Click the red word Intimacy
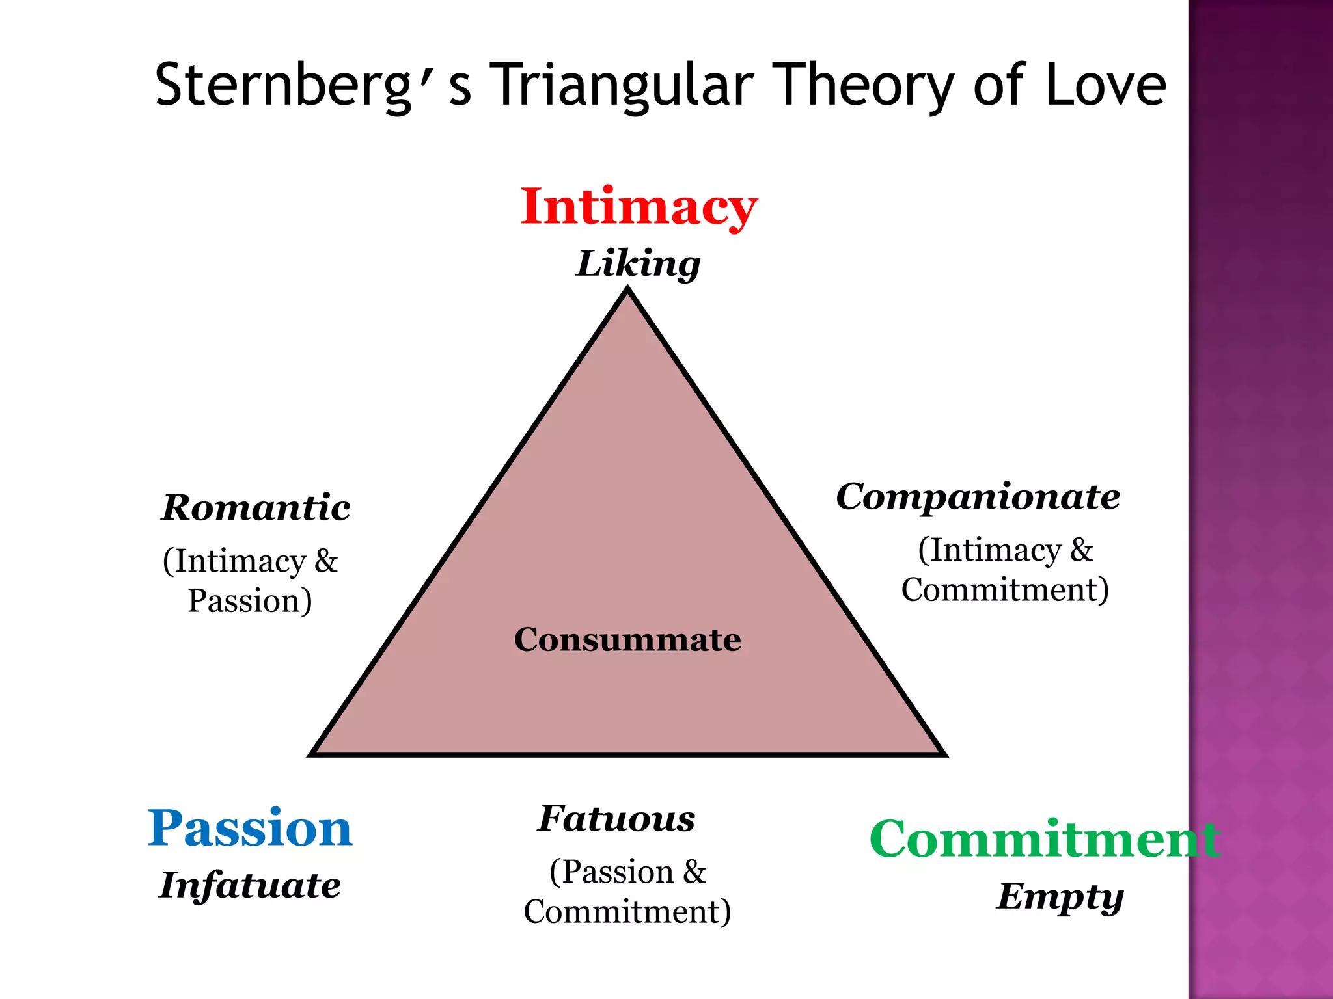(x=639, y=207)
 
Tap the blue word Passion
(x=250, y=828)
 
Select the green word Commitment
(x=1044, y=839)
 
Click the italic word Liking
(x=638, y=264)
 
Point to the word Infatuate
(x=250, y=886)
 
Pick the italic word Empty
(x=1060, y=897)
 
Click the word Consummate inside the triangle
(x=627, y=639)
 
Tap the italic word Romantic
(x=256, y=508)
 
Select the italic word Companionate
(x=978, y=497)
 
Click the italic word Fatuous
(x=616, y=819)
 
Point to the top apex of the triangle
(x=628, y=291)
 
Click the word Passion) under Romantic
(x=250, y=600)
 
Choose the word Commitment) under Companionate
(x=1005, y=590)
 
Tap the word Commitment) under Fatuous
(x=627, y=911)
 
